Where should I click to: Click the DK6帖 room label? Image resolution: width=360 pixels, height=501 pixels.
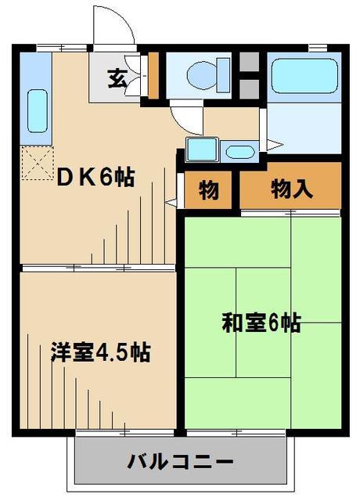[95, 177]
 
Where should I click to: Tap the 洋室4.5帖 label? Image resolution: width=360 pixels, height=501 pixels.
[101, 351]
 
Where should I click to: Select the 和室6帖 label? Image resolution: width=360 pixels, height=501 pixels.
[262, 323]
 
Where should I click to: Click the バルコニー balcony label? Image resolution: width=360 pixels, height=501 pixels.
[181, 460]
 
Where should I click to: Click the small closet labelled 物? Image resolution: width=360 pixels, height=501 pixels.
[208, 190]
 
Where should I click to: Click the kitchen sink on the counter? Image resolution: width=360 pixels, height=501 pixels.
[37, 110]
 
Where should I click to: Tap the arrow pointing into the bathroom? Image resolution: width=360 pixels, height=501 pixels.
[272, 144]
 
